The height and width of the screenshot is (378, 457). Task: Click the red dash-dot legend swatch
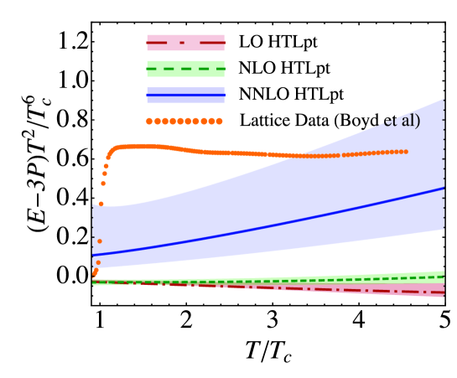coord(185,43)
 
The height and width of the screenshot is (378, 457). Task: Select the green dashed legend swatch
coord(185,69)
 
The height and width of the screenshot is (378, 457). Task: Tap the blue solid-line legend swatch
coord(185,96)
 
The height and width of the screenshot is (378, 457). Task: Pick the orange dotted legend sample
coord(184,121)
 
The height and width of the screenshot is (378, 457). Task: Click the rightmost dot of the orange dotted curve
coord(406,152)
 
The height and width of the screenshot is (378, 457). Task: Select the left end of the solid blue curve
coord(93,255)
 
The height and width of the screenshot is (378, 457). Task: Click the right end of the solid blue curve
coord(444,188)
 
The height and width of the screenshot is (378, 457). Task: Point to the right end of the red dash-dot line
coord(444,292)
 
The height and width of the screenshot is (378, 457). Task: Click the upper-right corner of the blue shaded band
coord(444,100)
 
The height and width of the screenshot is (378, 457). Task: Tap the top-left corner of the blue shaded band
coord(93,205)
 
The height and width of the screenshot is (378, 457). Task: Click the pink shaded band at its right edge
coord(442,291)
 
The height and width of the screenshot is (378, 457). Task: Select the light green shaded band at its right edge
coord(442,275)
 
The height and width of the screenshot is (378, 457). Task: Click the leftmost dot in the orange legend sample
coord(149,121)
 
